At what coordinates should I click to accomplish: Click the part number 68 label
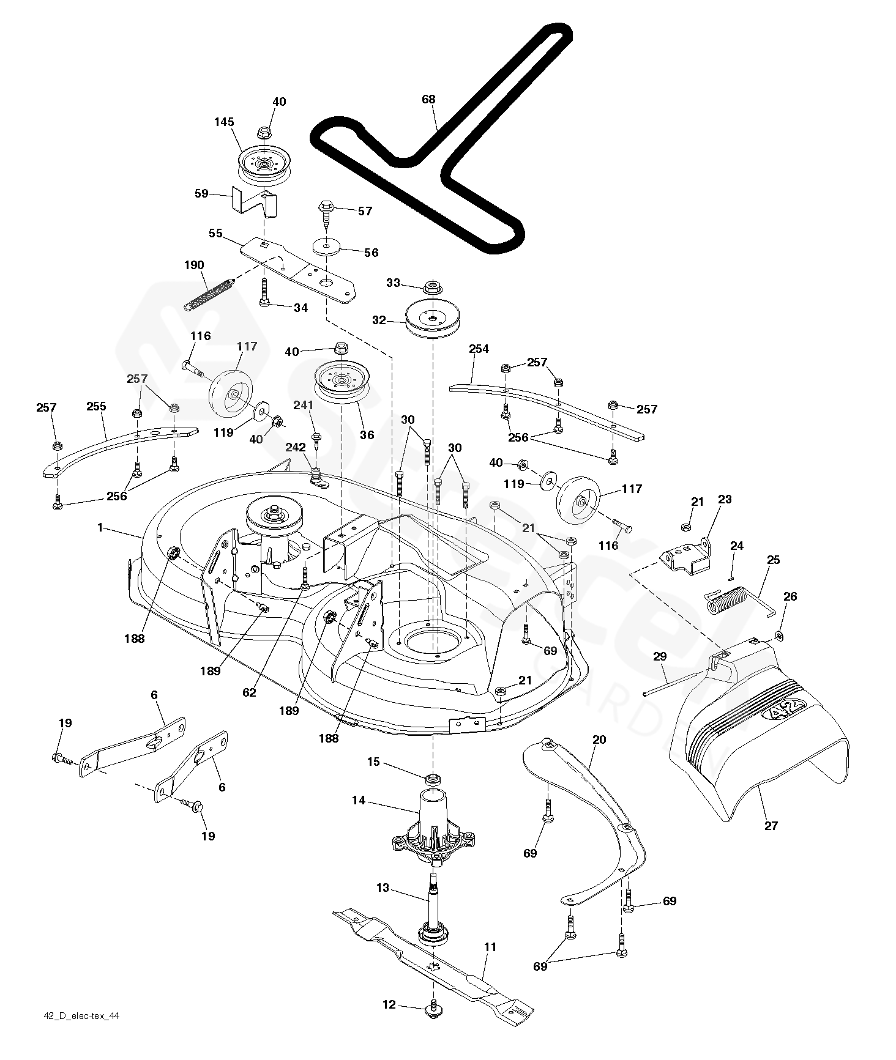point(429,99)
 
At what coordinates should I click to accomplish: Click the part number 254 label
point(479,349)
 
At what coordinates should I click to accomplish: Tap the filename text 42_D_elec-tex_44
point(82,1017)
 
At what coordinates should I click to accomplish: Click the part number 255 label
point(96,406)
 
